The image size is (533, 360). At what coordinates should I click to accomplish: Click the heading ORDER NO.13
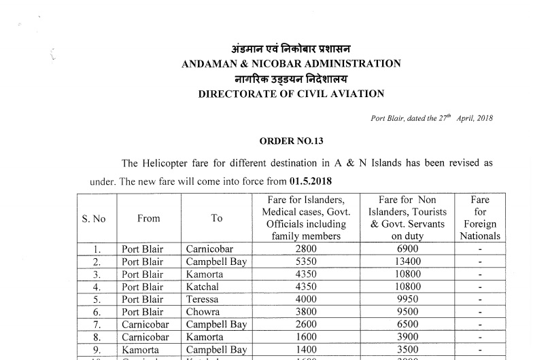tap(291, 141)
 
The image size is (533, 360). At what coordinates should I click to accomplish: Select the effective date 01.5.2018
tap(311, 182)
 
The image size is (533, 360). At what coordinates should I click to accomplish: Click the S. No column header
tap(94, 219)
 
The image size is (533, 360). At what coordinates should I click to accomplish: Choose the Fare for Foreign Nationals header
tap(480, 218)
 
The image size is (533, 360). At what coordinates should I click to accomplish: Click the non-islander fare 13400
tap(408, 262)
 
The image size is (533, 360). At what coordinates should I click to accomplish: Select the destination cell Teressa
tap(202, 300)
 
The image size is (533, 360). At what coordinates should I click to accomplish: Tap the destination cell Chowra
tap(202, 312)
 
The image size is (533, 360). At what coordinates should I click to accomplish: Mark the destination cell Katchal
tap(203, 287)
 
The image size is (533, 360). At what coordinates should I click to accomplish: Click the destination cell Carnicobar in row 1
tap(209, 249)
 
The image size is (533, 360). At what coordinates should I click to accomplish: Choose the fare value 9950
tap(408, 300)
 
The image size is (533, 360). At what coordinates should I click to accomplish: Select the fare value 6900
tap(408, 249)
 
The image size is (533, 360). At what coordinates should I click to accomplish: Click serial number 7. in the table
tap(97, 325)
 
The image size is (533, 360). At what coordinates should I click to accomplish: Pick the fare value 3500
tap(408, 350)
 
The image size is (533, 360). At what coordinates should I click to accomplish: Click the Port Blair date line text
tap(432, 118)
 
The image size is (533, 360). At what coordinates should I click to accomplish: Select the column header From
tap(148, 219)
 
